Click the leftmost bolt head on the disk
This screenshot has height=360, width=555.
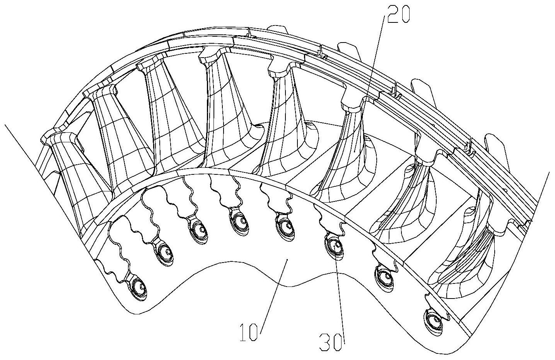coord(139,289)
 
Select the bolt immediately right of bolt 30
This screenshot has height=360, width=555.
coord(384,279)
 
